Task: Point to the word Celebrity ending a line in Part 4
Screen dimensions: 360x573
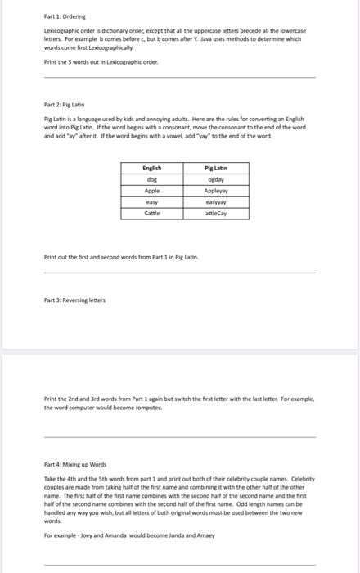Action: point(301,478)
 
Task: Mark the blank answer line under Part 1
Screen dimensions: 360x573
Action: point(179,78)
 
